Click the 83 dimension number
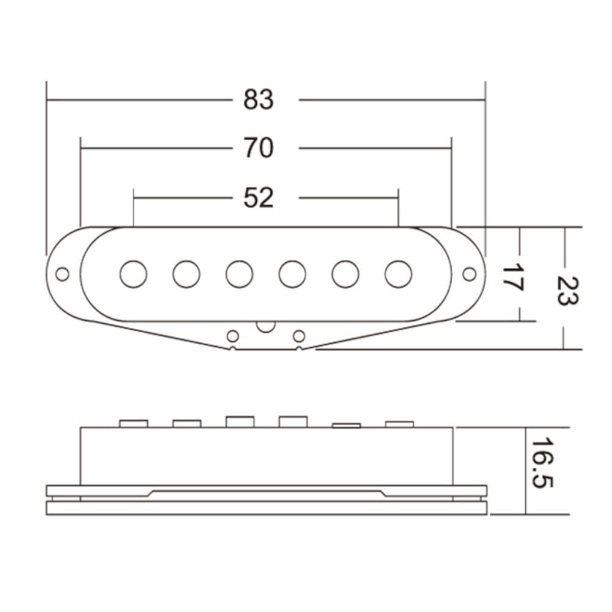(x=258, y=99)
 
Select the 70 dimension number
(x=258, y=148)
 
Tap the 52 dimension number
(x=258, y=198)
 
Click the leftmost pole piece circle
(x=133, y=274)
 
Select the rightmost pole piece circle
(x=398, y=274)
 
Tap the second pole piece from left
(x=186, y=274)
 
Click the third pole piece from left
(x=239, y=274)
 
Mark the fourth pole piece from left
(x=293, y=274)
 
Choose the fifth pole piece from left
(x=346, y=274)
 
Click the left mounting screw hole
(x=62, y=274)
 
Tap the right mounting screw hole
(x=469, y=274)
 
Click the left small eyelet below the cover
(x=233, y=335)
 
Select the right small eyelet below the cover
(x=299, y=335)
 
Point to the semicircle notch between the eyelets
(x=266, y=326)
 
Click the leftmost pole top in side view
(x=133, y=424)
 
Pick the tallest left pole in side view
(x=239, y=422)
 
